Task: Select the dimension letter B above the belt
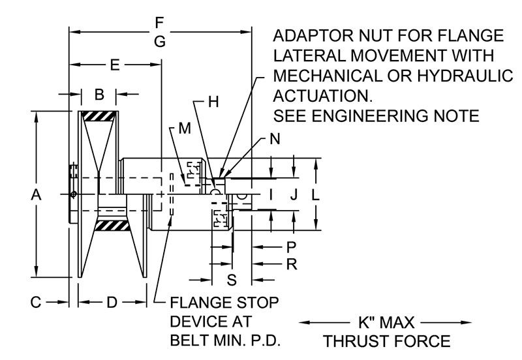(x=99, y=95)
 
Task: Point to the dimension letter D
(x=112, y=302)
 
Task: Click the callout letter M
(x=185, y=128)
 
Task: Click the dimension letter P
(x=292, y=247)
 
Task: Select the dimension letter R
(x=292, y=264)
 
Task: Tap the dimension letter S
(x=232, y=280)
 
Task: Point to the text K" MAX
(x=385, y=322)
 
